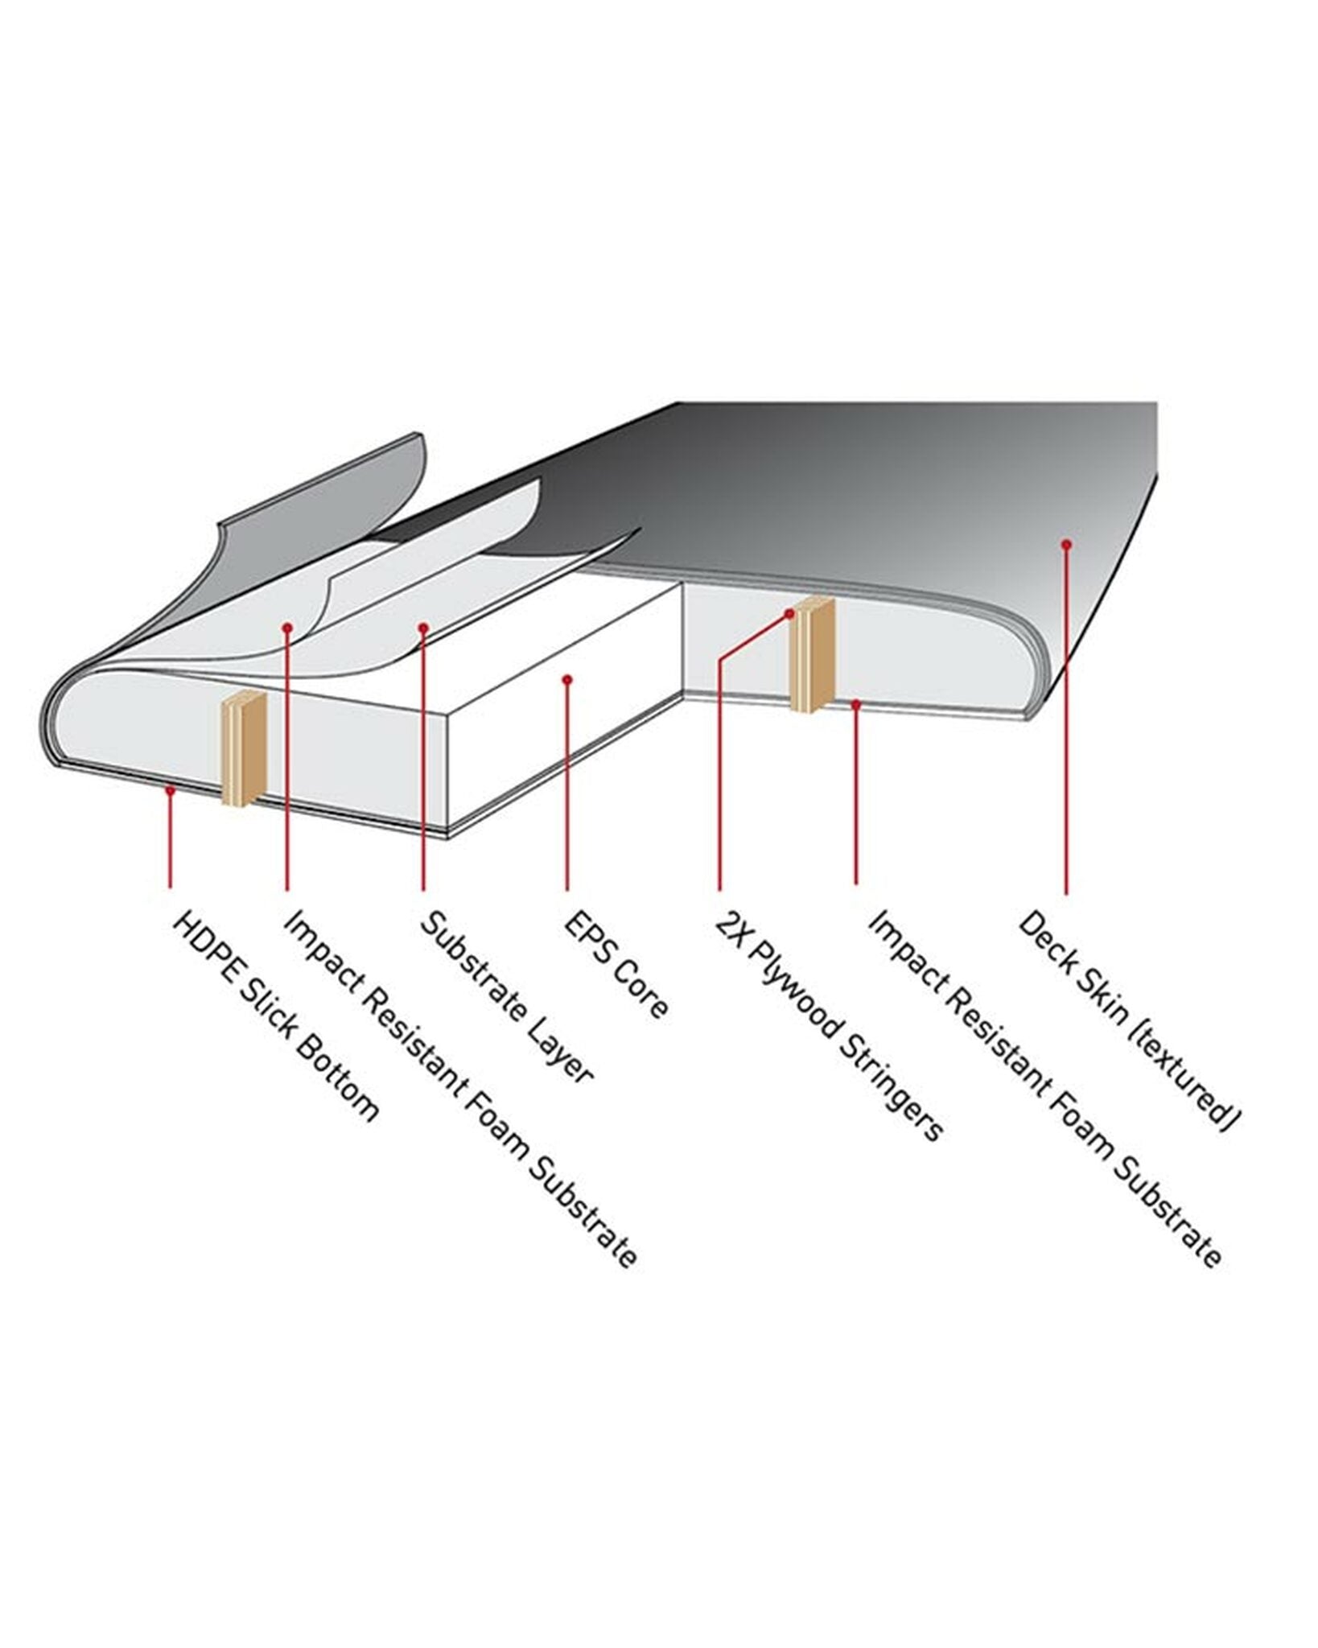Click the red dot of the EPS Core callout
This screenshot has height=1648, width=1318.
pyautogui.click(x=567, y=680)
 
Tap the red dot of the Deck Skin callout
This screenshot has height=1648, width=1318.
pyautogui.click(x=1066, y=545)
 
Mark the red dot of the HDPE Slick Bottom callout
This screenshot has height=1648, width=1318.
pyautogui.click(x=170, y=791)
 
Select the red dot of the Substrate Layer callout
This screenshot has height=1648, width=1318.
pyautogui.click(x=423, y=626)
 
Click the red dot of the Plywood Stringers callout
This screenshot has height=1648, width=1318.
pyautogui.click(x=789, y=613)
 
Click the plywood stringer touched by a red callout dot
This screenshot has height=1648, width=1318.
pyautogui.click(x=813, y=655)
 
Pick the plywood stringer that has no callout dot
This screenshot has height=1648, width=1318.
pyautogui.click(x=243, y=748)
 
